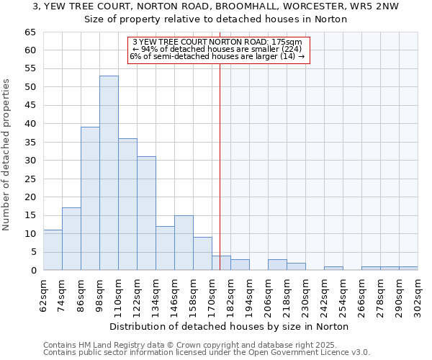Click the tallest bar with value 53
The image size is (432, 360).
(109, 173)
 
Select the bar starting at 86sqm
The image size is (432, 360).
(90, 199)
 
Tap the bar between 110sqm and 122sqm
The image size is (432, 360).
(127, 204)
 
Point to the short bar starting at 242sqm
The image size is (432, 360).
(333, 269)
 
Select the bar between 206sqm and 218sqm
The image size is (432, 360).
(277, 265)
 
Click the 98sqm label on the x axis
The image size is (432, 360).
(100, 294)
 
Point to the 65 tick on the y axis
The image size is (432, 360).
(30, 32)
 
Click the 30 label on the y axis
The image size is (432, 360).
(30, 161)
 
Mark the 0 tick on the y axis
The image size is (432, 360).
(32, 271)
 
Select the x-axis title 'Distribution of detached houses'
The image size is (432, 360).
(230, 326)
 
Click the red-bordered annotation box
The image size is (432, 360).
(218, 50)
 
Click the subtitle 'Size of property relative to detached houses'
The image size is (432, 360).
(216, 19)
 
